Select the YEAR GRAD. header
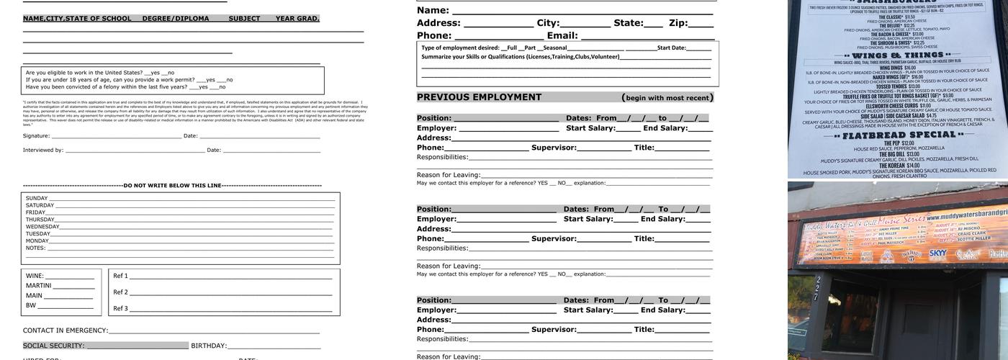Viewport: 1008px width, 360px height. (x=297, y=19)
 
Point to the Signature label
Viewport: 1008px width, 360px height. (x=36, y=135)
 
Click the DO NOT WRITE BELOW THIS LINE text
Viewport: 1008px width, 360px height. (x=172, y=186)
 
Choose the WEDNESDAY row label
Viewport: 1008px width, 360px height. (x=42, y=226)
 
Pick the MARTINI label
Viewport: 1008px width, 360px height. (x=39, y=286)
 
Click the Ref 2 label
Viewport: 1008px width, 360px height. (x=120, y=292)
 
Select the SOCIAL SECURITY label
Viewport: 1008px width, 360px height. (x=53, y=346)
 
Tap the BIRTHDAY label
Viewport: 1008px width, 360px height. (x=209, y=346)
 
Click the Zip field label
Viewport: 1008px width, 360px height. (x=678, y=23)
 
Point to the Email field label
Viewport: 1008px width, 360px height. (x=562, y=35)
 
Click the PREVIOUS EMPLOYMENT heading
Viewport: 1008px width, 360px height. (x=479, y=97)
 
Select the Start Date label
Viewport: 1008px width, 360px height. (x=671, y=48)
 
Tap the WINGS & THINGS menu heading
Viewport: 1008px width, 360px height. (x=898, y=55)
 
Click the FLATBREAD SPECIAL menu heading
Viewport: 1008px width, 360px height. (x=898, y=135)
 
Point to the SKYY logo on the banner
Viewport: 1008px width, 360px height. (x=938, y=253)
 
